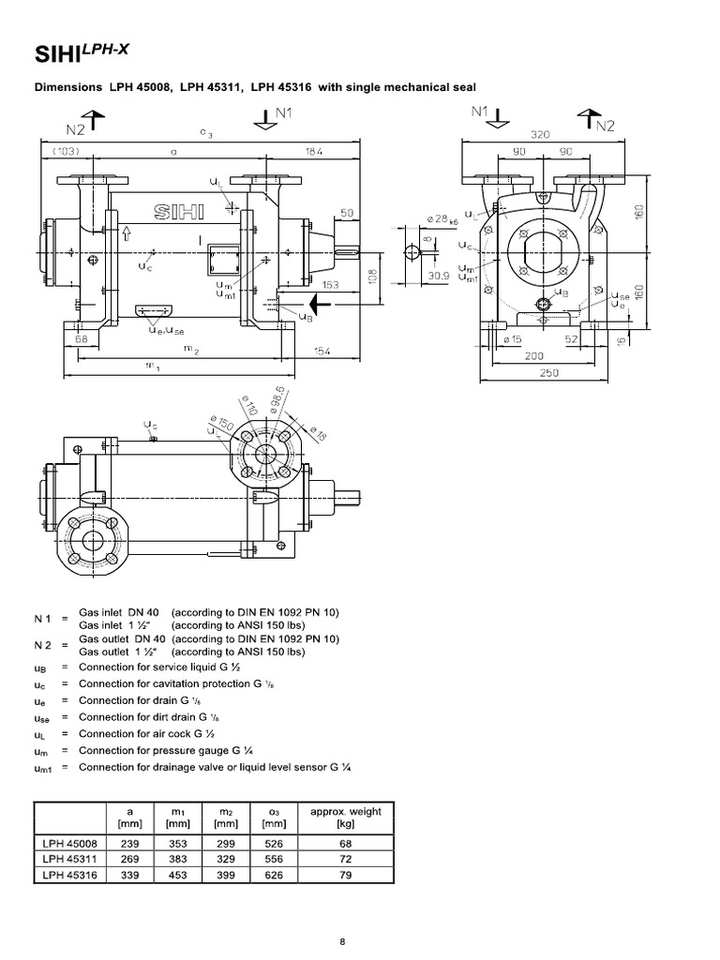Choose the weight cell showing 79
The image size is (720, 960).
click(x=346, y=876)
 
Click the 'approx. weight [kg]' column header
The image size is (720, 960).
click(x=346, y=817)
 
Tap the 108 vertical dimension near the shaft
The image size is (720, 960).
click(x=372, y=277)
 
